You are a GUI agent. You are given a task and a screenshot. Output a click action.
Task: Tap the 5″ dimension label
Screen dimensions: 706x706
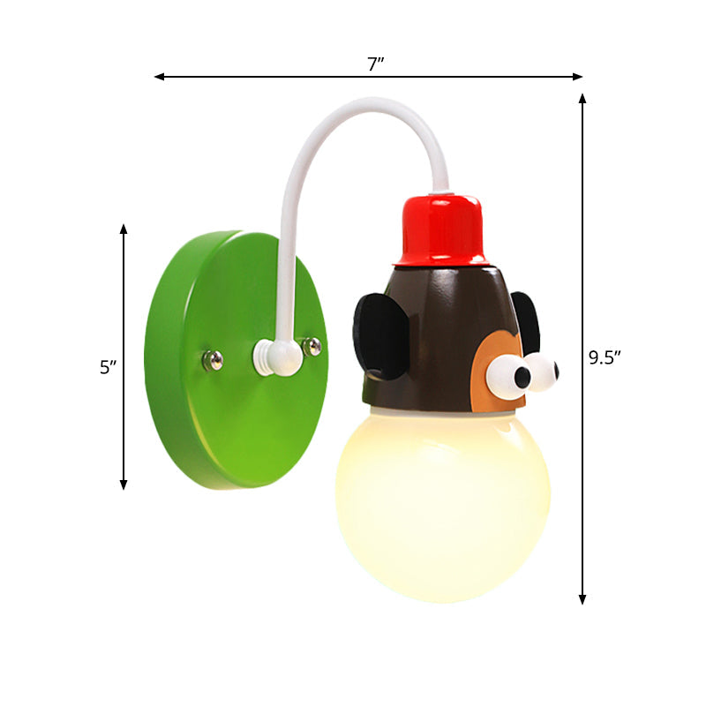(108, 368)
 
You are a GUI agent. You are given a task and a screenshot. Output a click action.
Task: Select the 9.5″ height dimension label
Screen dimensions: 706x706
(605, 357)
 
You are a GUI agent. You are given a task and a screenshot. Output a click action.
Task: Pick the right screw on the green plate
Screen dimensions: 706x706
(312, 346)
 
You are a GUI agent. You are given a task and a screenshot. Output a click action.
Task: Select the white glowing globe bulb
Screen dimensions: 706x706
(443, 507)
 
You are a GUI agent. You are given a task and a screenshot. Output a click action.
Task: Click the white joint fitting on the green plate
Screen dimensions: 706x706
(274, 357)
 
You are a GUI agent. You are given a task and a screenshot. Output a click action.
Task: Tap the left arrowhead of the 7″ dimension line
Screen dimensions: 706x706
(160, 77)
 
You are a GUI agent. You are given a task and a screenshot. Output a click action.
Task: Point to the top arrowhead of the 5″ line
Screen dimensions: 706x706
(124, 229)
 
